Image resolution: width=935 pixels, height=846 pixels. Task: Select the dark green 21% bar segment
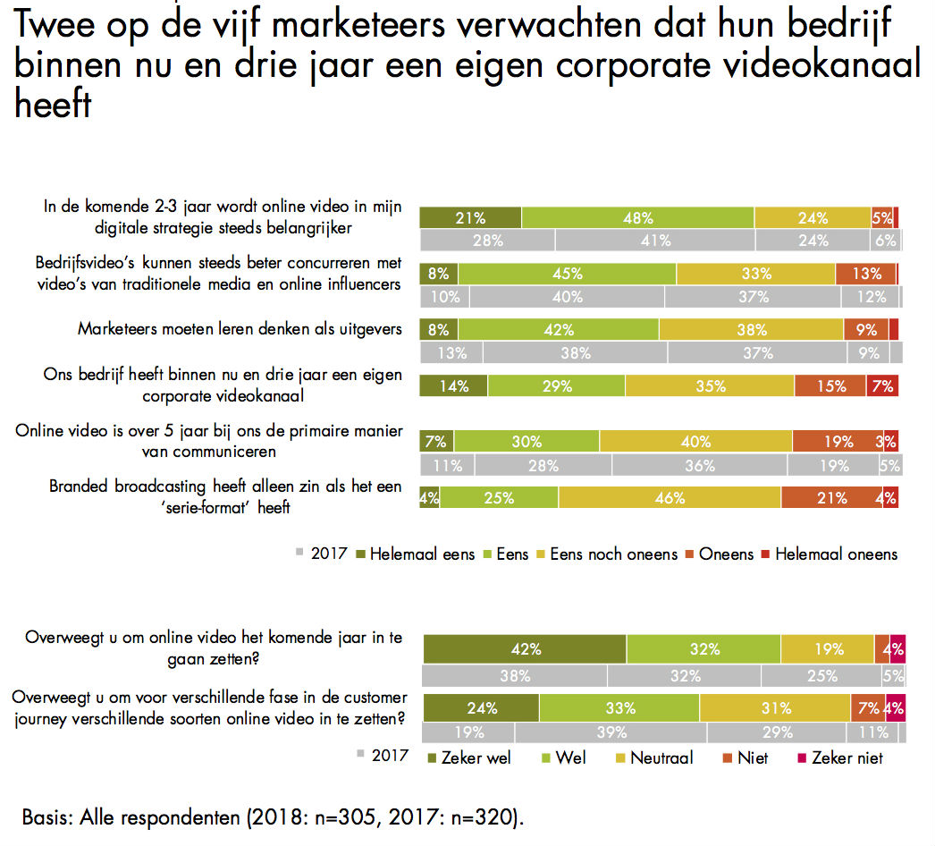(x=470, y=217)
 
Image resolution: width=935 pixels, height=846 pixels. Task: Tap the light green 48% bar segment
(x=638, y=217)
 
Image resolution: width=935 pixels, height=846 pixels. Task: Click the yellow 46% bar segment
(x=670, y=498)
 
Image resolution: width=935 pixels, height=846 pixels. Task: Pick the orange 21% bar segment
(x=831, y=498)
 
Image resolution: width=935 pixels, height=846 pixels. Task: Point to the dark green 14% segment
(x=454, y=386)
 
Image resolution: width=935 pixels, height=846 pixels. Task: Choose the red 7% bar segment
(x=882, y=386)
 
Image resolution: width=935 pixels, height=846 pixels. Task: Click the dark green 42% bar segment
(x=525, y=649)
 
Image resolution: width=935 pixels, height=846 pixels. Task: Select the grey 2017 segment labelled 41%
(x=655, y=241)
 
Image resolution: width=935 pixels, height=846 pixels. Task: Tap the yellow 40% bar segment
(x=695, y=442)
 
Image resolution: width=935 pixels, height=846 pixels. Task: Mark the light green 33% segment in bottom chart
(x=619, y=708)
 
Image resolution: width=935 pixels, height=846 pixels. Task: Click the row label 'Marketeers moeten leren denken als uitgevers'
(x=240, y=329)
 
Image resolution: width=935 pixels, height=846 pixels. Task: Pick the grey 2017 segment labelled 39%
(x=611, y=732)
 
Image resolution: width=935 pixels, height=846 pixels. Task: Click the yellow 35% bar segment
(x=710, y=386)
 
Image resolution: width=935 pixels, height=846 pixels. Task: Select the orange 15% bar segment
(x=830, y=386)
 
